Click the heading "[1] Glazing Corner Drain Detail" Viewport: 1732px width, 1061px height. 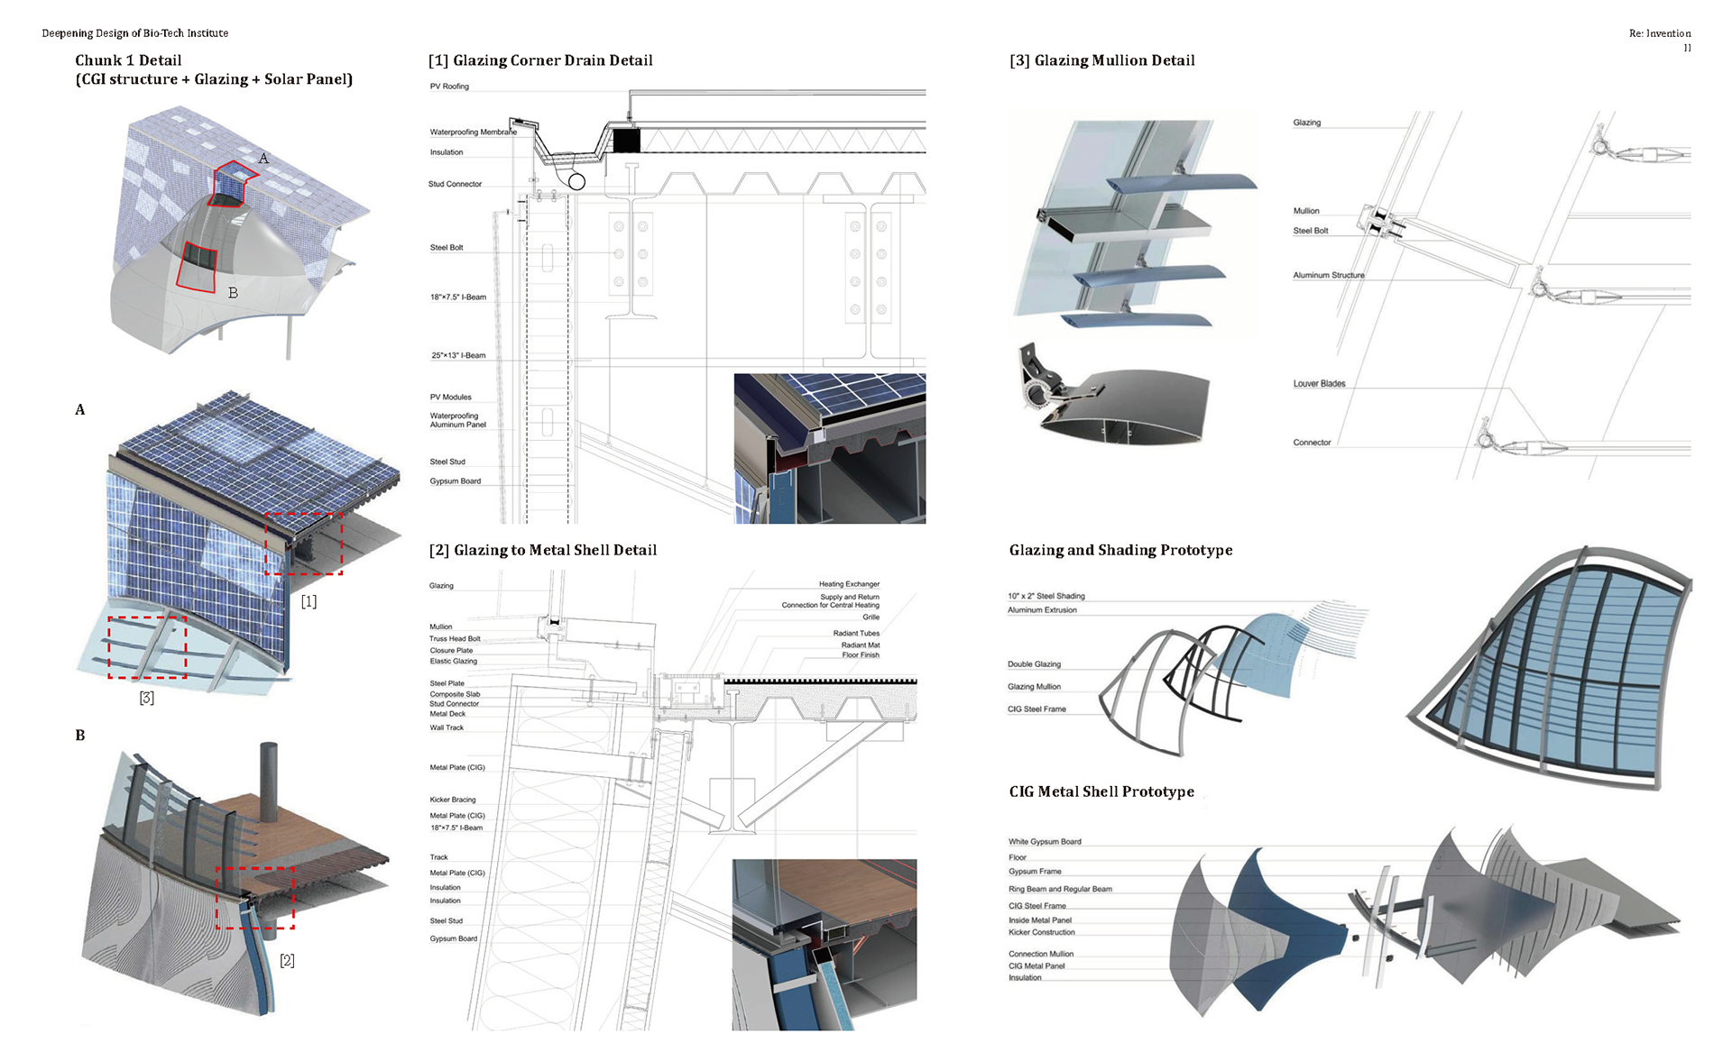pos(540,60)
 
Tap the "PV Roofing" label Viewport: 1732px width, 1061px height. pos(449,87)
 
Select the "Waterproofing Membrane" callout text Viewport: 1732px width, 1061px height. pos(473,132)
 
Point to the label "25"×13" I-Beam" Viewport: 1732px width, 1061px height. pos(458,355)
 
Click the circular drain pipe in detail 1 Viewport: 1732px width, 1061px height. pos(576,182)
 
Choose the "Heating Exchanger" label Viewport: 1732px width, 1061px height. pos(849,584)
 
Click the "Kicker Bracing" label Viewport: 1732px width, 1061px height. pos(452,800)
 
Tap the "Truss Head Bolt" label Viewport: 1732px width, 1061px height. pos(455,638)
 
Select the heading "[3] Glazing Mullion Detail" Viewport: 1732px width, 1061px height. pos(1101,60)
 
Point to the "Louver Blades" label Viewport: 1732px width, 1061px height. pos(1319,383)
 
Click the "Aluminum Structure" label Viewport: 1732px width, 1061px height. pos(1328,275)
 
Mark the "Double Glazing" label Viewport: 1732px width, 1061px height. pos(1034,664)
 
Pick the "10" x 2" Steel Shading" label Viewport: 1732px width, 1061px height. pos(1046,596)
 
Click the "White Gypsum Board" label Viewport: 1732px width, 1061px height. pos(1045,841)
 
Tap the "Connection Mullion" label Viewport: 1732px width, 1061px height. pos(1041,954)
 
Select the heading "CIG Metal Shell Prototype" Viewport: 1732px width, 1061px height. pos(1101,791)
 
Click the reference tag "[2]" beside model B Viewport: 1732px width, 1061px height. pos(287,960)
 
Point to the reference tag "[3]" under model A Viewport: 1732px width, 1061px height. pos(146,698)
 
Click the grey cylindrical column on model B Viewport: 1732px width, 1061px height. pos(269,781)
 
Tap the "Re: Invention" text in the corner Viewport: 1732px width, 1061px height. pos(1659,33)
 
